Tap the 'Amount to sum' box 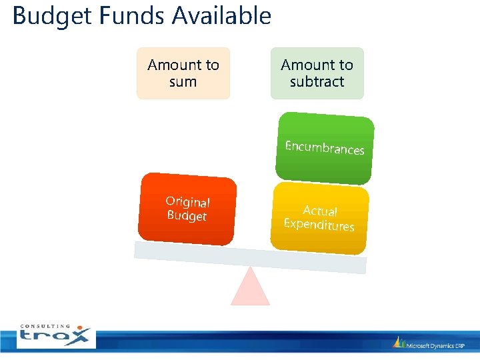point(183,73)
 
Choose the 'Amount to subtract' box point(317,73)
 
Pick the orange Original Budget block point(187,209)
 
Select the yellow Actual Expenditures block point(320,219)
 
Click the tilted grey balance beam point(250,256)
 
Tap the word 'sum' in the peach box point(183,82)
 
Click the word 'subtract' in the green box point(317,82)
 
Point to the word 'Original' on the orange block point(188,201)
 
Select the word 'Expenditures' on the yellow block point(319,225)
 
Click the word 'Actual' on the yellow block point(321,211)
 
